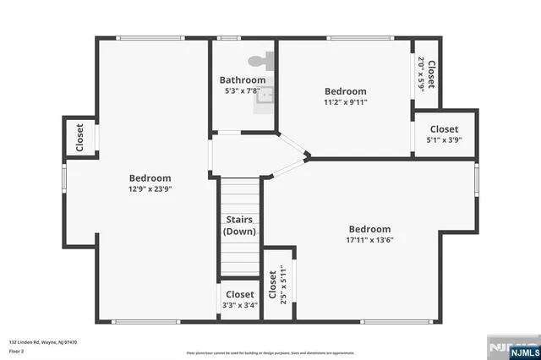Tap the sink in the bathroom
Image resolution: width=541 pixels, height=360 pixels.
click(265, 94)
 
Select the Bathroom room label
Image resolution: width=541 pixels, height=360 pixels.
click(243, 80)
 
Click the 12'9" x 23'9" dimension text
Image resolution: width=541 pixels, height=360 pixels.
click(150, 189)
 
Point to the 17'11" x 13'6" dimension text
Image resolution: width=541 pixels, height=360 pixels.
click(369, 240)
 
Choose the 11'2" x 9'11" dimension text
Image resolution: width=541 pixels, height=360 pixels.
click(346, 102)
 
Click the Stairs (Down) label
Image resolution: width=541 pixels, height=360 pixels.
click(239, 226)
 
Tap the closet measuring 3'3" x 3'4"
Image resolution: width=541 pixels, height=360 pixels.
click(239, 300)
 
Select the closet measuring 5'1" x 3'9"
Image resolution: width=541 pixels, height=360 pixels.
click(444, 134)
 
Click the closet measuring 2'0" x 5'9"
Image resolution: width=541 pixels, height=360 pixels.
click(426, 74)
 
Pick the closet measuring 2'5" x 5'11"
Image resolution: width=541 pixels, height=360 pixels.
click(278, 285)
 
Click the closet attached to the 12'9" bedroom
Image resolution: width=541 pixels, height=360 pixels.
click(80, 137)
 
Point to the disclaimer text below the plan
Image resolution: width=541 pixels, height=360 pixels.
click(270, 352)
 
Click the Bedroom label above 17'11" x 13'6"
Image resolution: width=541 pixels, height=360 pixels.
click(369, 229)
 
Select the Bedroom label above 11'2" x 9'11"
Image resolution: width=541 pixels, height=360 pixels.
click(346, 91)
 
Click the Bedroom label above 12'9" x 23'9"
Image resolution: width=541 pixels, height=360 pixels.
click(150, 178)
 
